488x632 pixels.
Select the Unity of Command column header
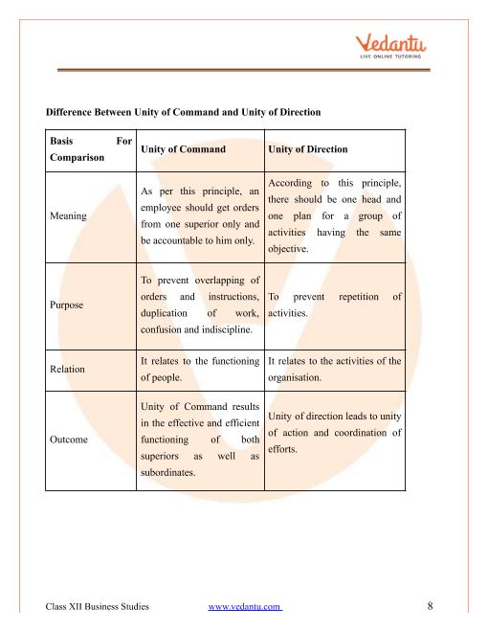tap(183, 149)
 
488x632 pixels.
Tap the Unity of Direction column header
tap(308, 149)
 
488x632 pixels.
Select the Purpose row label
tap(65, 305)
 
